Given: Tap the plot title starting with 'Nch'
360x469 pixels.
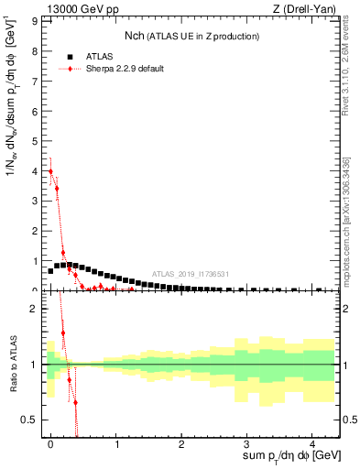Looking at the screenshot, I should [191, 36].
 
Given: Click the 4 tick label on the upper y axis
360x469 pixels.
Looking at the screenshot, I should [36, 169].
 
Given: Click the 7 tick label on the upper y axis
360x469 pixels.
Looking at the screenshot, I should [36, 79].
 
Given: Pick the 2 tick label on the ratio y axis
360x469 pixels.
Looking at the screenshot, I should [36, 309].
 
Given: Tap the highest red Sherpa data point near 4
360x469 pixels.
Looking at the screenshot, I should [50, 171].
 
